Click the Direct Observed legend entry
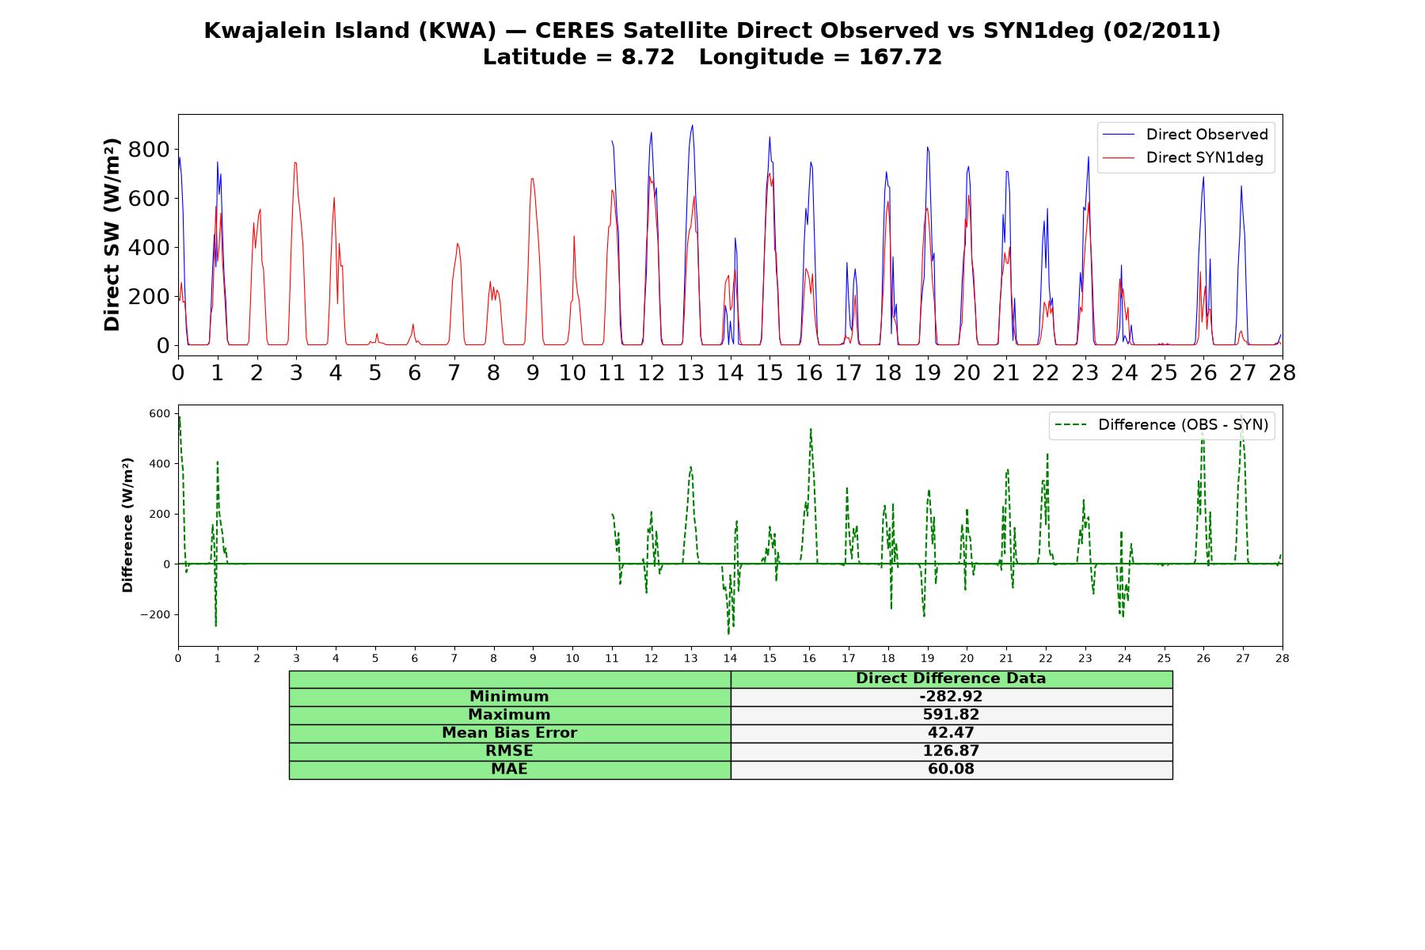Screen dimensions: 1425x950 (x=1185, y=135)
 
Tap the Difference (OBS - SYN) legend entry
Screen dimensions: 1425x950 (x=1161, y=425)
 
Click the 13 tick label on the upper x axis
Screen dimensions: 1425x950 (x=691, y=373)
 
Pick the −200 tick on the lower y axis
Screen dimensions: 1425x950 (x=155, y=615)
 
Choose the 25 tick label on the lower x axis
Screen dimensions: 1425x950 (x=1164, y=658)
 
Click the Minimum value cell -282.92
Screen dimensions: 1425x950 (x=951, y=697)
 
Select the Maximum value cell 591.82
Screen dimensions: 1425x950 (x=951, y=715)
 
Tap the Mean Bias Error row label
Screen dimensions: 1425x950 (x=509, y=733)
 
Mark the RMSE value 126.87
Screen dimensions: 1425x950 (x=951, y=751)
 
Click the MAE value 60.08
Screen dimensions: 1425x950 (x=951, y=769)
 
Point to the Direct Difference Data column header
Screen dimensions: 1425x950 (x=951, y=678)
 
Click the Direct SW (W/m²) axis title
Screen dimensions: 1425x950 (x=112, y=234)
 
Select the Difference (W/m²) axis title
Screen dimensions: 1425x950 (x=127, y=525)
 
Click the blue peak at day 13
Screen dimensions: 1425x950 (x=692, y=125)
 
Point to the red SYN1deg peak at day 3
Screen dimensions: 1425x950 (x=295, y=163)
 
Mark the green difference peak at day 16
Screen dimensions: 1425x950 (x=811, y=429)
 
